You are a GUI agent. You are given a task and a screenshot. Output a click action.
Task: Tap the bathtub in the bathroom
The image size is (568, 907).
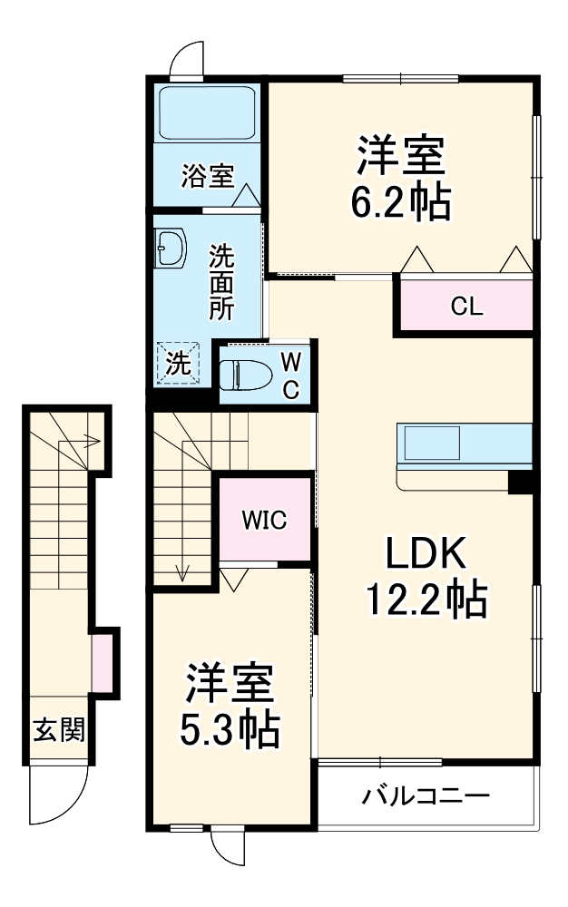tap(207, 113)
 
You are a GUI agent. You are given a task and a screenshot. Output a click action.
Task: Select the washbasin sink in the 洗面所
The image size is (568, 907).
tap(170, 246)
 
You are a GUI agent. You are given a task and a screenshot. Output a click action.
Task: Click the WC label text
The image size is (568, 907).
tap(290, 375)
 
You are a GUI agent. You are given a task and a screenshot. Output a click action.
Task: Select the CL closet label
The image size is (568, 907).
tap(466, 307)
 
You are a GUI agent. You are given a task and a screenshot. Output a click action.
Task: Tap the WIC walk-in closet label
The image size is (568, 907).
tap(264, 520)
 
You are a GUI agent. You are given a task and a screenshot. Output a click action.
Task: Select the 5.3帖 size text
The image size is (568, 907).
tap(229, 729)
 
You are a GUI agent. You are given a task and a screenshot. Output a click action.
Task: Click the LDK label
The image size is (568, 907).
tap(426, 551)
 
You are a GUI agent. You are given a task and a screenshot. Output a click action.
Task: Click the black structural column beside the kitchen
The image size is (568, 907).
tap(520, 483)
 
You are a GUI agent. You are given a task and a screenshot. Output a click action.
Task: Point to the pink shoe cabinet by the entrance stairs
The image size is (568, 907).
tap(103, 663)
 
